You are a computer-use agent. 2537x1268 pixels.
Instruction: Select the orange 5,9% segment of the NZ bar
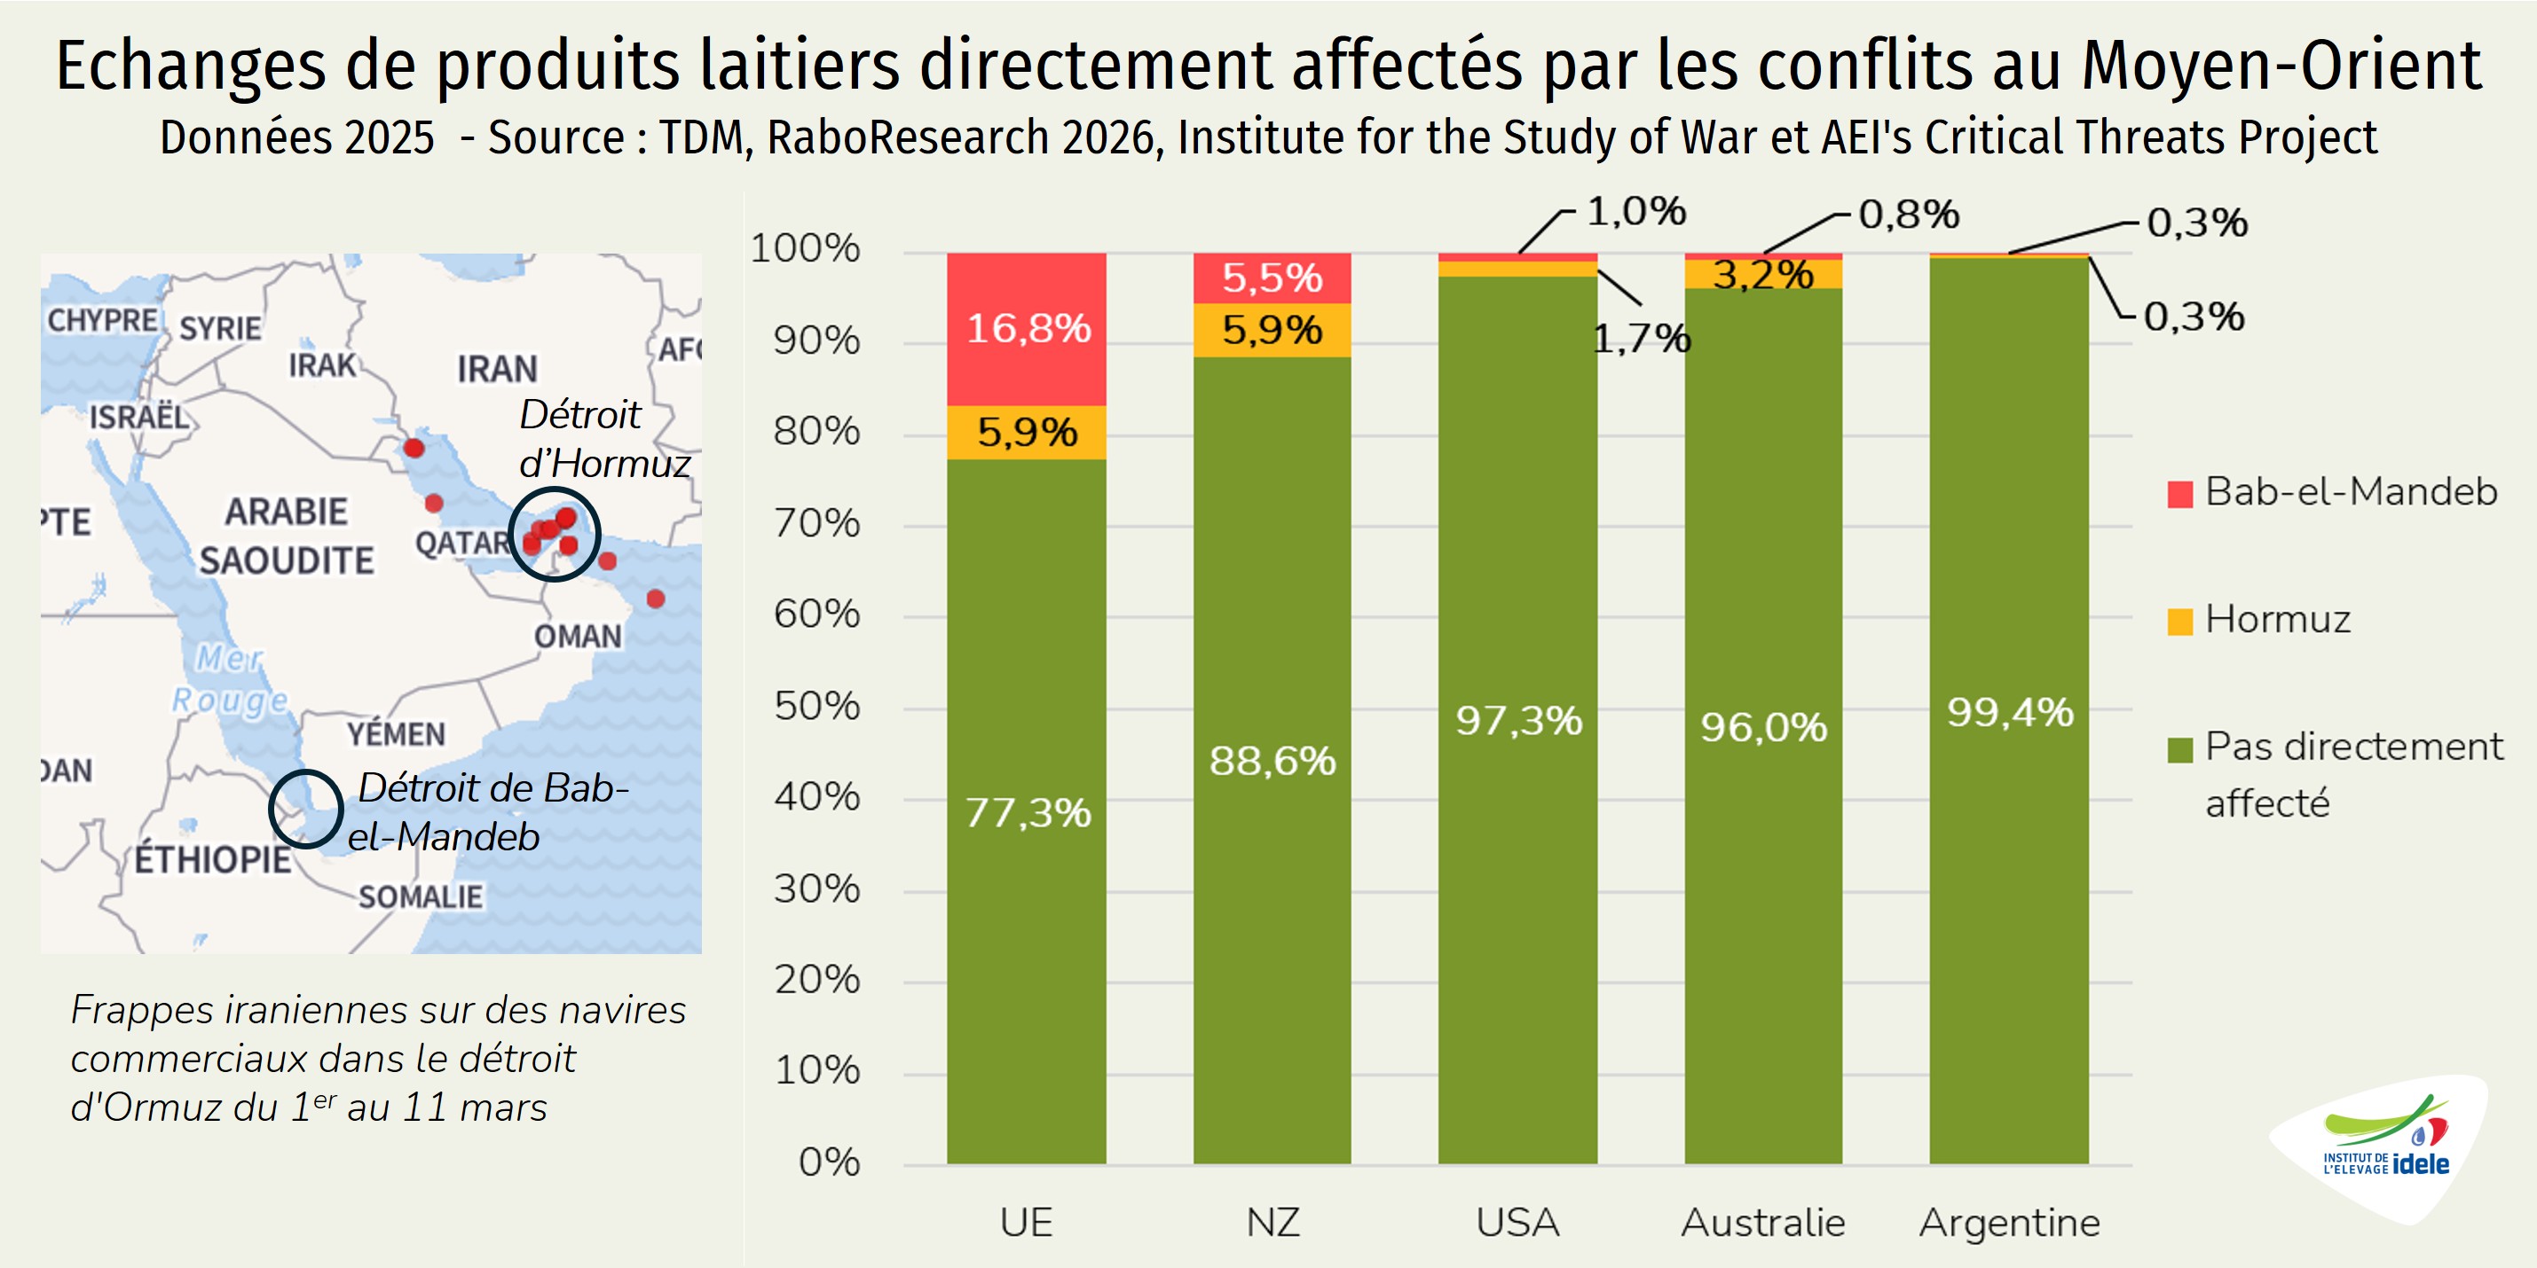tap(1272, 330)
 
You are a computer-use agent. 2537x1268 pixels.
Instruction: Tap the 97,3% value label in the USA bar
tap(1518, 721)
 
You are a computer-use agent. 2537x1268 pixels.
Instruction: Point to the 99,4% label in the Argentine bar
tap(2010, 712)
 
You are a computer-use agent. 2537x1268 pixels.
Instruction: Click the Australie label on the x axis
tap(1763, 1223)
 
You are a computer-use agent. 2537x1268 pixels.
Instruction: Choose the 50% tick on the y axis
tap(816, 706)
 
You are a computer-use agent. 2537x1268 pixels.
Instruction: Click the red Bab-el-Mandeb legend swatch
tap(2179, 493)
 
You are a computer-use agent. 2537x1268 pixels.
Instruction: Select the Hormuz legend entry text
tap(2277, 619)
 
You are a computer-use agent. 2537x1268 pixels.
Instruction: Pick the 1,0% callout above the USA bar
tap(1635, 212)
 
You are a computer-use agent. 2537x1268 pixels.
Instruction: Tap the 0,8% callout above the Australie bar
tap(1909, 215)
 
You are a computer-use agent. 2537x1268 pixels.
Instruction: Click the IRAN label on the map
tap(497, 369)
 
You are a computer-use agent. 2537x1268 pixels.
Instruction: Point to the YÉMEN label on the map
tap(396, 733)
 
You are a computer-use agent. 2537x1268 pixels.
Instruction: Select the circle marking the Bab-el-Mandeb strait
tap(306, 809)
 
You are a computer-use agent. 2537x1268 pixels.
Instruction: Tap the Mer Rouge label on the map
tap(232, 678)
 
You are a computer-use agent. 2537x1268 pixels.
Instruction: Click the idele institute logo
tap(2385, 1146)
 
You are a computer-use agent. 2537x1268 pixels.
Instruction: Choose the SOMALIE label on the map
tap(421, 896)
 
